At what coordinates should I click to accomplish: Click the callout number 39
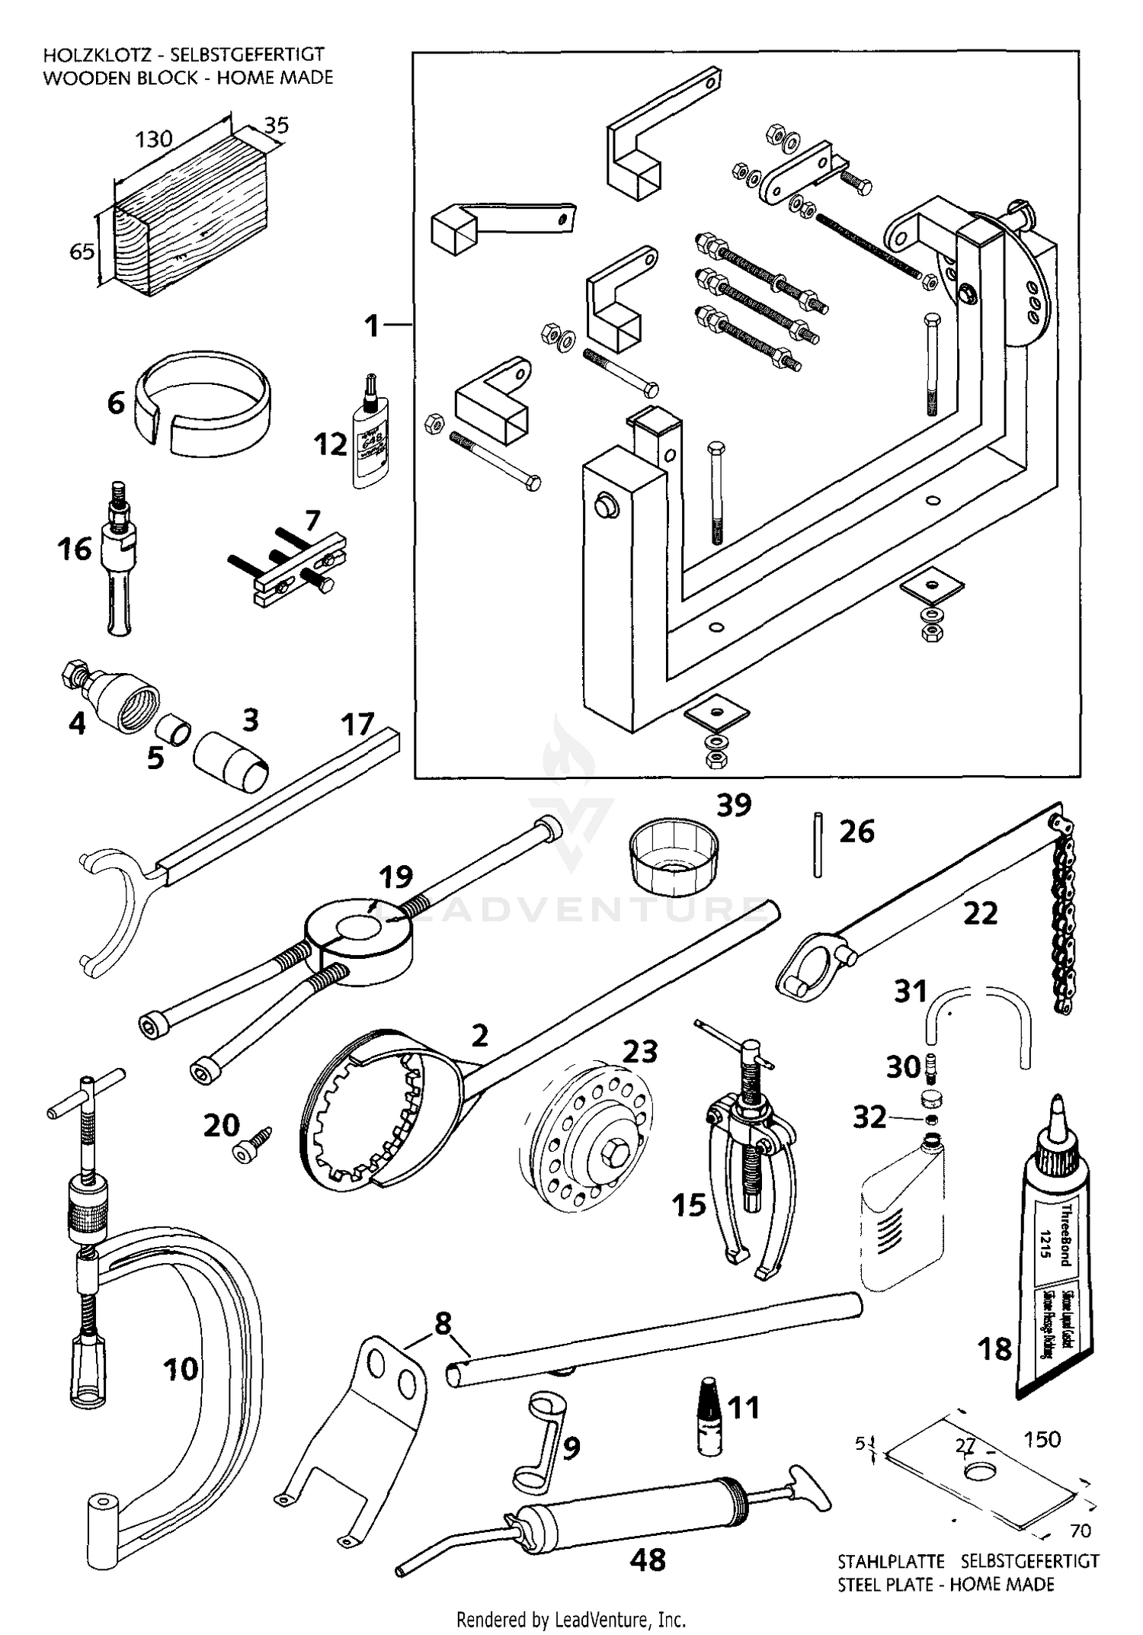click(x=734, y=805)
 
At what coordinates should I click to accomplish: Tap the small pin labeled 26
click(x=818, y=845)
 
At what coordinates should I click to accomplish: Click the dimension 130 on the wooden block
click(x=154, y=139)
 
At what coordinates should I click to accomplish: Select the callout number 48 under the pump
click(x=648, y=1560)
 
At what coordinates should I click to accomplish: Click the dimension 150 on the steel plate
click(x=1042, y=1439)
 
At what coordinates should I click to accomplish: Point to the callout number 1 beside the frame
click(x=371, y=326)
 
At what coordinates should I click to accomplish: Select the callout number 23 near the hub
click(x=639, y=1052)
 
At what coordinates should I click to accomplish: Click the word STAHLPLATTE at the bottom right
click(x=891, y=1561)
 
